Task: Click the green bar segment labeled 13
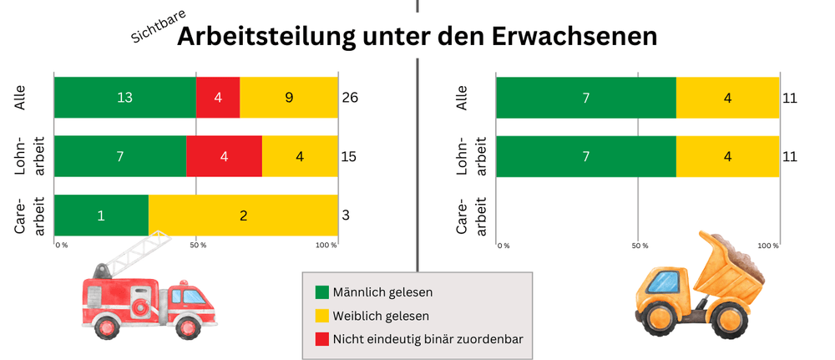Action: coord(124,98)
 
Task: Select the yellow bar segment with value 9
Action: coord(288,98)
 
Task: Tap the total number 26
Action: coord(351,99)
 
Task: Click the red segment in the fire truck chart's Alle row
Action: coord(218,98)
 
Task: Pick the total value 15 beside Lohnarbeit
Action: coord(351,156)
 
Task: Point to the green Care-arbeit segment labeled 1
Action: coord(101,215)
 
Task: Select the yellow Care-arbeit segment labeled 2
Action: coord(243,215)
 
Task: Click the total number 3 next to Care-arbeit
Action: coord(346,215)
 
